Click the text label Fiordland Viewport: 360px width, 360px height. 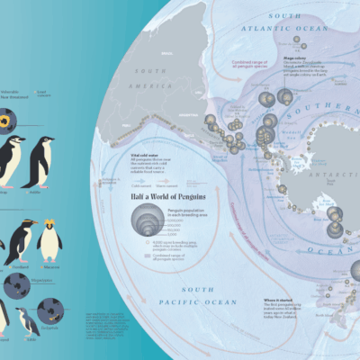click(20, 266)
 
